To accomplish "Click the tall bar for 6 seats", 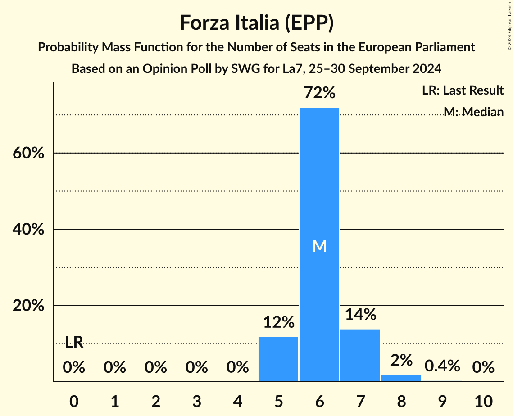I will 319,244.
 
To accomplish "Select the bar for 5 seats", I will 278,359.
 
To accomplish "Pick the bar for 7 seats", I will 360,355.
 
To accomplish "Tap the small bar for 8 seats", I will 401,378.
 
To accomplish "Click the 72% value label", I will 319,93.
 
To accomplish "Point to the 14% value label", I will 360,314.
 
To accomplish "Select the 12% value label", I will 278,322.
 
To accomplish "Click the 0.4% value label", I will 442,366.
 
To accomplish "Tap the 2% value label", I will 401,360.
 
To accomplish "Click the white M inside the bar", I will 319,246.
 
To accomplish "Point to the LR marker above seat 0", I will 74,342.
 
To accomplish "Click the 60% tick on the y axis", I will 28,153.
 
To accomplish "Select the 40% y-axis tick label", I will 28,230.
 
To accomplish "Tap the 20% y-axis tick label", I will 28,306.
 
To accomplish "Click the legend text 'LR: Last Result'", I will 463,90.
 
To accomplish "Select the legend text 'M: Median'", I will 473,112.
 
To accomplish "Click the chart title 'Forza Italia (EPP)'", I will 256,23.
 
